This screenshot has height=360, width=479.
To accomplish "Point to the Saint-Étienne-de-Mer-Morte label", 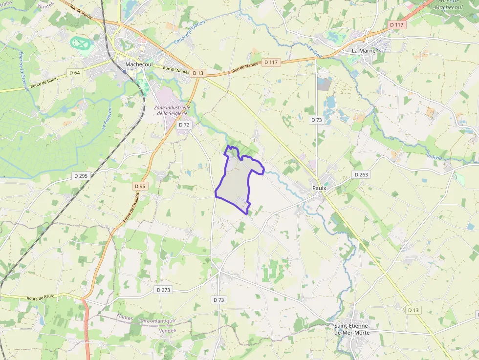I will (352, 329).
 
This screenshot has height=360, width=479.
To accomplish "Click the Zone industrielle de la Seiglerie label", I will (172, 110).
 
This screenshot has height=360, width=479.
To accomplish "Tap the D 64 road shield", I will (74, 72).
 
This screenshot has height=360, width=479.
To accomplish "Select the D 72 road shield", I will (184, 125).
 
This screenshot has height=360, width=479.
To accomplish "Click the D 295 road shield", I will (81, 175).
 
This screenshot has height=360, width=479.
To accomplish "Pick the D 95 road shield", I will (140, 186).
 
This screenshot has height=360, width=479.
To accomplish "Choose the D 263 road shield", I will (361, 174).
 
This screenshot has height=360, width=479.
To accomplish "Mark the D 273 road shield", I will (164, 290).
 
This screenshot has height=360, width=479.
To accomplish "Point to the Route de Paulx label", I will (40, 297).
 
